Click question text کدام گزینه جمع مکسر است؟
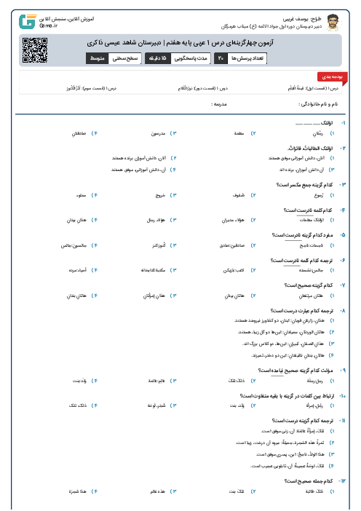(x=303, y=185)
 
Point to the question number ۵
(x=344, y=235)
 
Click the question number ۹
(x=344, y=369)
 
